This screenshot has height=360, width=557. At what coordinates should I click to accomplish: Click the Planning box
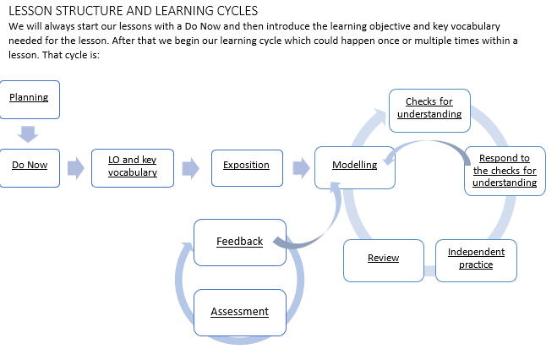pyautogui.click(x=30, y=99)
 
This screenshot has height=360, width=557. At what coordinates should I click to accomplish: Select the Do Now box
pyautogui.click(x=30, y=166)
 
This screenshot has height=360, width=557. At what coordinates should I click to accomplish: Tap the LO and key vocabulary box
pyautogui.click(x=133, y=166)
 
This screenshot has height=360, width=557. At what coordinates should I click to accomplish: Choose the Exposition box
pyautogui.click(x=246, y=166)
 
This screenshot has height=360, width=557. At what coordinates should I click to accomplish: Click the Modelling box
pyautogui.click(x=354, y=166)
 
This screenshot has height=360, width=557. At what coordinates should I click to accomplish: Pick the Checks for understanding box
pyautogui.click(x=429, y=108)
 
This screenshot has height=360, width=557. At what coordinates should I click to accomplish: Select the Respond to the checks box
pyautogui.click(x=505, y=171)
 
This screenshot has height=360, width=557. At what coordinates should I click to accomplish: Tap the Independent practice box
pyautogui.click(x=476, y=258)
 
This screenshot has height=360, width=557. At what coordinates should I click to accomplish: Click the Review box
pyautogui.click(x=383, y=259)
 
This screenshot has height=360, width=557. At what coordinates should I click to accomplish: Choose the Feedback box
pyautogui.click(x=239, y=242)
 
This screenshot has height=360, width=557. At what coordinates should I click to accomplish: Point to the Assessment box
pyautogui.click(x=239, y=312)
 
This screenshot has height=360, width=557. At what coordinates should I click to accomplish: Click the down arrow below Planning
pyautogui.click(x=30, y=133)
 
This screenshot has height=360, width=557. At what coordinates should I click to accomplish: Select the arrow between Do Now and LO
pyautogui.click(x=76, y=167)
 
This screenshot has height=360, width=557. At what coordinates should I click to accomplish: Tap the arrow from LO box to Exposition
pyautogui.click(x=190, y=167)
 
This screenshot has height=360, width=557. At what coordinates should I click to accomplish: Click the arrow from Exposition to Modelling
pyautogui.click(x=299, y=166)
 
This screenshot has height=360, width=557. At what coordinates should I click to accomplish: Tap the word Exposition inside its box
pyautogui.click(x=246, y=166)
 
